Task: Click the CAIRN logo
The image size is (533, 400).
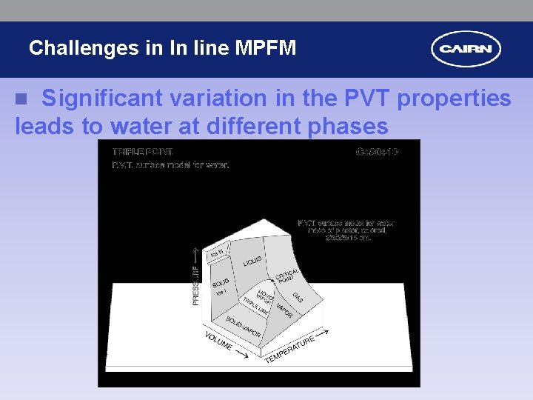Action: coord(466,50)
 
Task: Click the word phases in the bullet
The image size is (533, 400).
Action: coord(346,127)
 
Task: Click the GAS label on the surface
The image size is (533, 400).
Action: coord(298,297)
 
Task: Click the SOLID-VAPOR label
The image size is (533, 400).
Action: coord(244,327)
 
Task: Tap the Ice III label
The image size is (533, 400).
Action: coord(216,254)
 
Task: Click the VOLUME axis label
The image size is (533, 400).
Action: coord(219,341)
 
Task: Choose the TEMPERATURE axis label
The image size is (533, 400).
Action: coord(290,348)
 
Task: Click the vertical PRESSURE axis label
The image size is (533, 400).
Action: coord(195,284)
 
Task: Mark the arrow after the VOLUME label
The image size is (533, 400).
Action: coord(241,356)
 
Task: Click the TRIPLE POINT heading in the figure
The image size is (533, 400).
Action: coord(142,153)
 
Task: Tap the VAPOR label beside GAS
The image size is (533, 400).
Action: coord(284,309)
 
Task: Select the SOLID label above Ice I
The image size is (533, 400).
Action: coord(221,283)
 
